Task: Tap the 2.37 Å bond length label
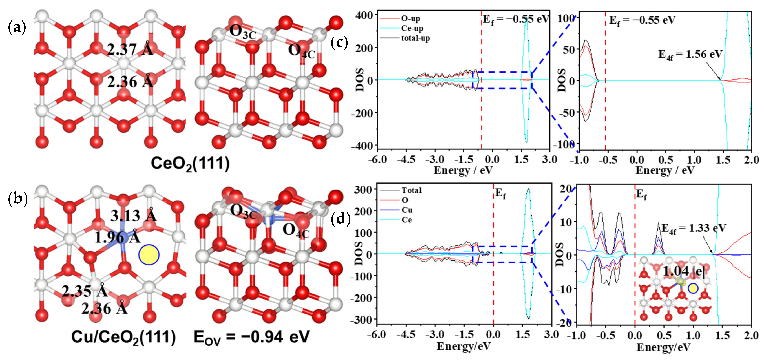click(130, 49)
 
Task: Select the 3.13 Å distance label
click(133, 216)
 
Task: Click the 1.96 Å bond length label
click(117, 237)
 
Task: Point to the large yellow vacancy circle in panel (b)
click(149, 254)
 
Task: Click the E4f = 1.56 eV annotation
click(690, 55)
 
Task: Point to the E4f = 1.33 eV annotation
click(693, 228)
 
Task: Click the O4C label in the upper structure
click(301, 50)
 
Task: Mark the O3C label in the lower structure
click(243, 212)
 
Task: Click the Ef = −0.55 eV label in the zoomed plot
click(642, 20)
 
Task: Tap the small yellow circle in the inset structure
click(693, 288)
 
